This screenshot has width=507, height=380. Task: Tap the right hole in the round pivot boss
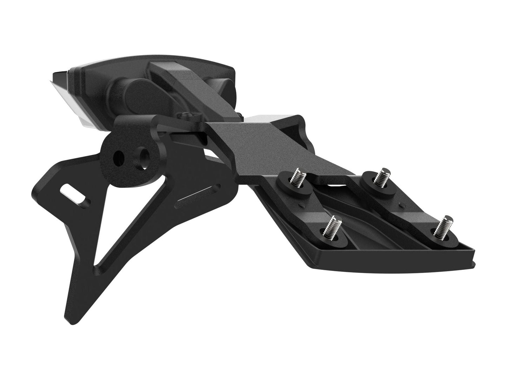click(x=144, y=156)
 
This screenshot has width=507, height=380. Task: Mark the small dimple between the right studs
click(x=401, y=203)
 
